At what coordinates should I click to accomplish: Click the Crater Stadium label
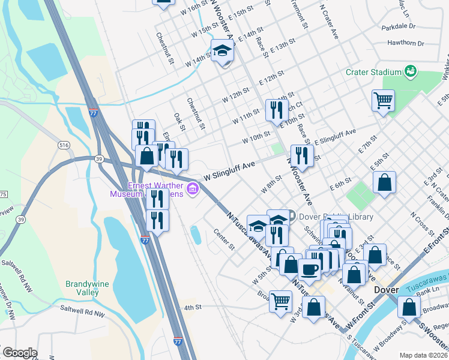coord(373,72)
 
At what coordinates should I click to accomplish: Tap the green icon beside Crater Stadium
coord(411,71)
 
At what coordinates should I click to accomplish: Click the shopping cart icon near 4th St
coord(280,301)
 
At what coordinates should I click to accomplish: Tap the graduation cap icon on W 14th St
coord(221,51)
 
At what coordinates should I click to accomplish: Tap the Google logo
coord(19,353)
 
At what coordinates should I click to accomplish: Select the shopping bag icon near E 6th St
coord(384,183)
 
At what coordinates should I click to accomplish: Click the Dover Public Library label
coord(335,217)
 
